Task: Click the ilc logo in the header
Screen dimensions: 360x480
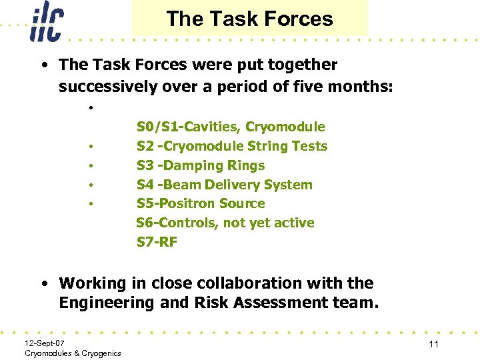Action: tap(46, 23)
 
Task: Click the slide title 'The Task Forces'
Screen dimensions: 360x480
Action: tap(249, 19)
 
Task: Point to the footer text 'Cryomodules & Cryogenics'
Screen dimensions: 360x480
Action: tap(73, 353)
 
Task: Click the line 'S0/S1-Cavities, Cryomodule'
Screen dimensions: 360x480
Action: tap(231, 127)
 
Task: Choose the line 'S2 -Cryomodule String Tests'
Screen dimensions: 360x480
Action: tap(232, 146)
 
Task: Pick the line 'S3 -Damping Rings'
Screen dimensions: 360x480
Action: tap(201, 165)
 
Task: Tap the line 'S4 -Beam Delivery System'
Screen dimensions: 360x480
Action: tap(225, 185)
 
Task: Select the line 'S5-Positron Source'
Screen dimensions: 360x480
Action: tap(201, 203)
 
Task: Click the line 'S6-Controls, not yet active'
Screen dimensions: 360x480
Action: tap(225, 223)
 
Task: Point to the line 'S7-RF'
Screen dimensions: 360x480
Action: tap(157, 242)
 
